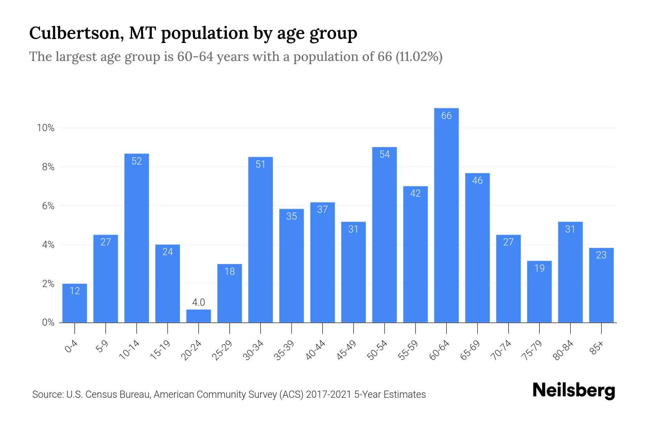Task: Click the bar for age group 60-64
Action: (x=446, y=215)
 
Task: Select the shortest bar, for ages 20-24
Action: (x=198, y=316)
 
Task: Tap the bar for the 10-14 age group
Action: (x=137, y=238)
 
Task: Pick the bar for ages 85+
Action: (x=601, y=285)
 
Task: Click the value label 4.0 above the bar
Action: (x=198, y=302)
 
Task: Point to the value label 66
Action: (x=446, y=116)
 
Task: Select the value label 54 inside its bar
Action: (x=384, y=154)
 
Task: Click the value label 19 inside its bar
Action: (x=539, y=268)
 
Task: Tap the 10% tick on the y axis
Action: (x=46, y=128)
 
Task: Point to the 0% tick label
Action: (x=48, y=322)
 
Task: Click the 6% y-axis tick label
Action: (x=48, y=206)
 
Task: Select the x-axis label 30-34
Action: (x=253, y=350)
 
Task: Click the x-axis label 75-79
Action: (x=532, y=350)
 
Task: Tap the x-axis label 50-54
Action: (x=377, y=350)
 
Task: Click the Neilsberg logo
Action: (x=574, y=391)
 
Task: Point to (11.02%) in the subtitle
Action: (x=419, y=57)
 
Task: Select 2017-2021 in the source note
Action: (x=328, y=395)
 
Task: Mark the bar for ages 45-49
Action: (x=354, y=272)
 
